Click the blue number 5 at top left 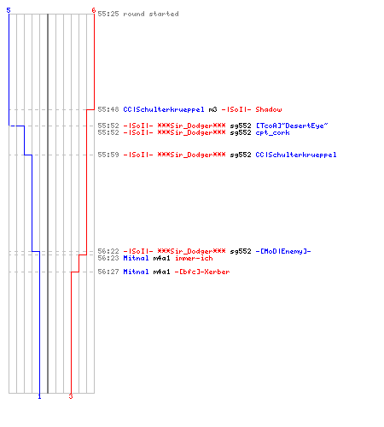[9, 10]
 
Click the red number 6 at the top [94, 10]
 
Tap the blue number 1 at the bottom [39, 396]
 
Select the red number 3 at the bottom [71, 396]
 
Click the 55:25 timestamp [108, 14]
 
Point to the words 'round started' [151, 14]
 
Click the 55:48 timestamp [108, 109]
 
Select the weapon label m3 [212, 109]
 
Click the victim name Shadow [269, 109]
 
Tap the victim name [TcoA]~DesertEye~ [292, 126]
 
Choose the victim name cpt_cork [272, 132]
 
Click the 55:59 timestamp [108, 155]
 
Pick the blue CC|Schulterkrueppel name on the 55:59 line [296, 155]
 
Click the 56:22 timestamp [108, 251]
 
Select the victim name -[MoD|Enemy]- [283, 251]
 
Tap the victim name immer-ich [194, 258]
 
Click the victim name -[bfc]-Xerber [202, 272]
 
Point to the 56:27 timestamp [108, 272]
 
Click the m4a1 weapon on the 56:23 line [161, 258]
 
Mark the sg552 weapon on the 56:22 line [241, 251]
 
